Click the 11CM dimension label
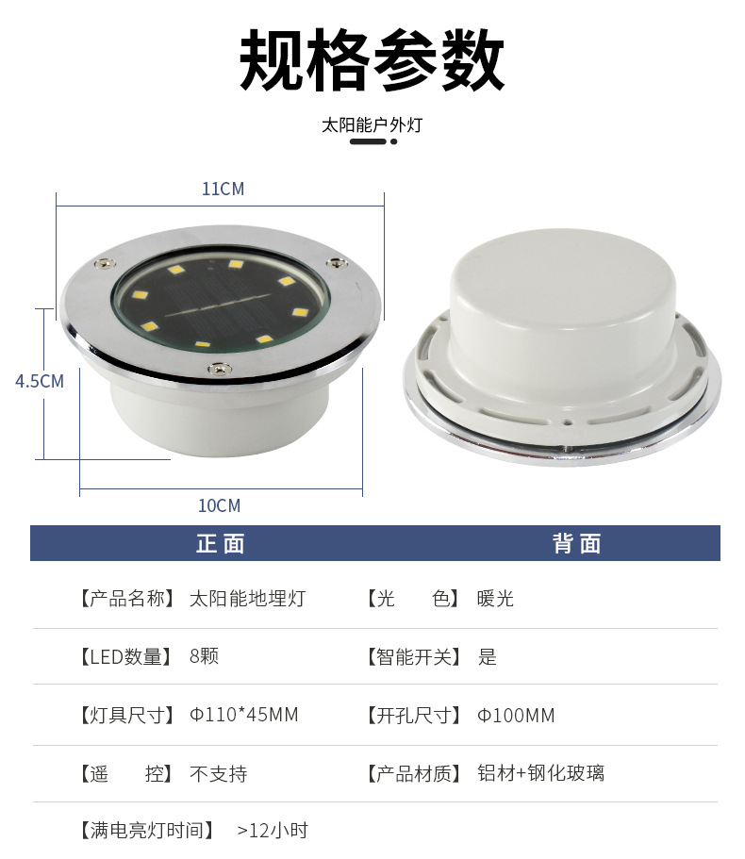click(x=223, y=189)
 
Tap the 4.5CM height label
click(x=40, y=381)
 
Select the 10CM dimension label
click(x=219, y=505)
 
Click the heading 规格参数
click(x=372, y=60)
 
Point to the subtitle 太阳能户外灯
click(x=372, y=124)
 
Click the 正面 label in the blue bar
click(x=221, y=543)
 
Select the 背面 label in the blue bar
click(x=577, y=543)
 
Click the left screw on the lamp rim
click(x=105, y=263)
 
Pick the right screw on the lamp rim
click(x=337, y=262)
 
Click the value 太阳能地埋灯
click(x=248, y=598)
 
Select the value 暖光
click(x=495, y=598)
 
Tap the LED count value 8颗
click(x=204, y=655)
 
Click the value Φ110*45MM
click(x=243, y=715)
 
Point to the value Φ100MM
click(x=516, y=715)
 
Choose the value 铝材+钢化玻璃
click(x=540, y=773)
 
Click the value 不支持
click(x=219, y=773)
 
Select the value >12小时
click(x=273, y=831)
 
